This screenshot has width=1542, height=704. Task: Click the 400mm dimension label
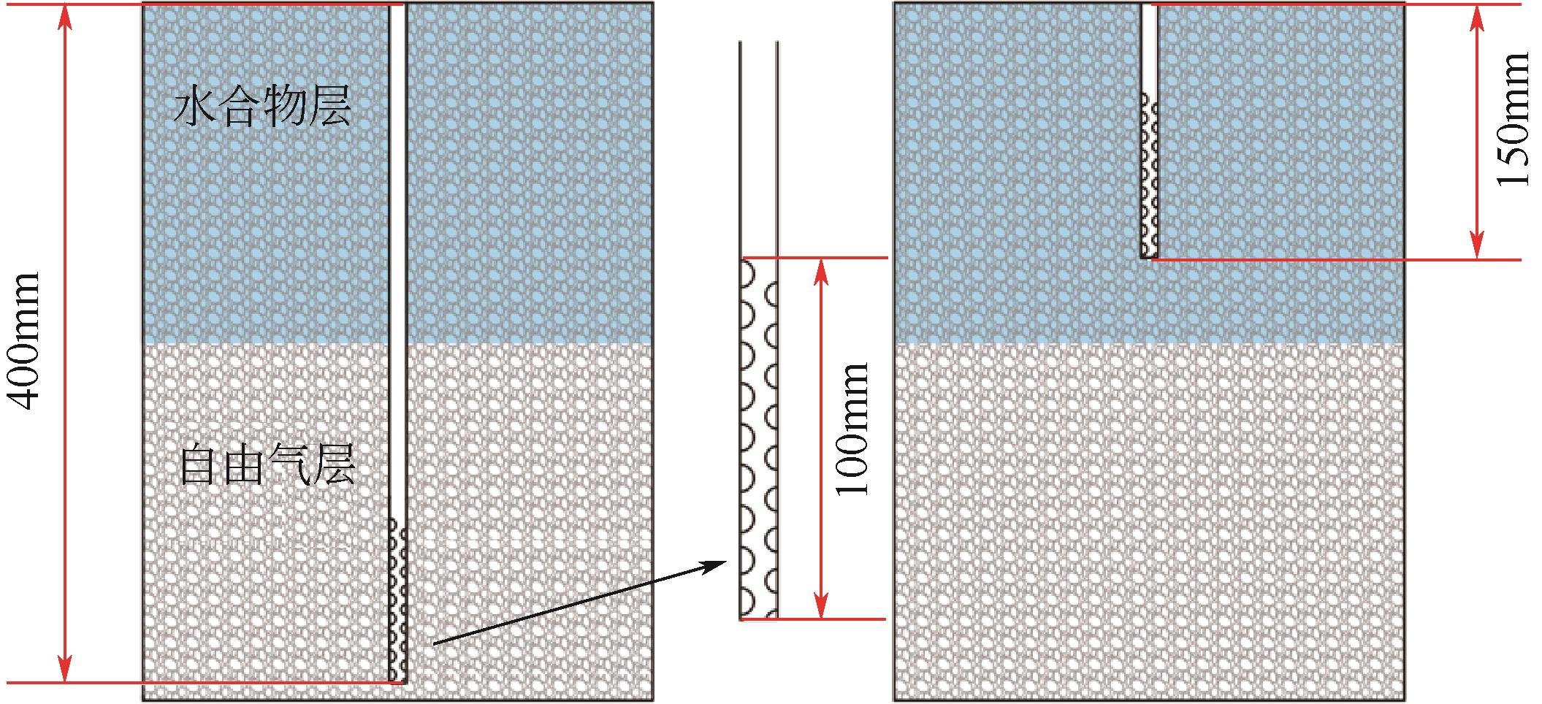[x=24, y=342]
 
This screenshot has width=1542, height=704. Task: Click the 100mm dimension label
[x=853, y=429]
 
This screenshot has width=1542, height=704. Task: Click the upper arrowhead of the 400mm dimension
[x=66, y=16]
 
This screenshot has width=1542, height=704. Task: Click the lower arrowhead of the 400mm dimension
[x=66, y=670]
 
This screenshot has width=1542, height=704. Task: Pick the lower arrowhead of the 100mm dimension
[x=822, y=606]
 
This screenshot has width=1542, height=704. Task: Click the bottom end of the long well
[x=398, y=680]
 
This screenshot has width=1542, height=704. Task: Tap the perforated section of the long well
[x=398, y=599]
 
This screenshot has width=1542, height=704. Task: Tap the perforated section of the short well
[x=1149, y=175]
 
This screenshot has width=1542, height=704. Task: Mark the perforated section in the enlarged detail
[x=758, y=438]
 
